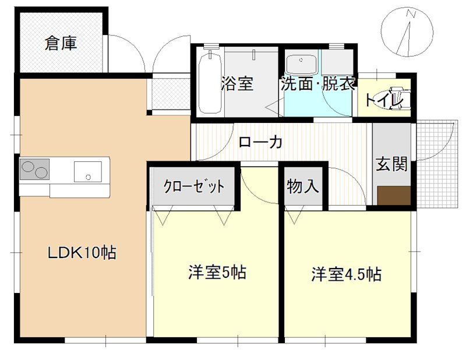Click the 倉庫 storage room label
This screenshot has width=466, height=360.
click(x=61, y=44)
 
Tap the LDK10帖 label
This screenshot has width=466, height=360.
click(x=82, y=253)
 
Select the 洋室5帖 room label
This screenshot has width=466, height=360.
click(x=217, y=272)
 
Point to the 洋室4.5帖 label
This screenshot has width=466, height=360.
click(x=346, y=274)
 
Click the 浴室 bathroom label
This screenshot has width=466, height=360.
click(x=236, y=83)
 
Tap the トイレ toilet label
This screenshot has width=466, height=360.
click(x=384, y=100)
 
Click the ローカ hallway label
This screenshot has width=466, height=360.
click(x=260, y=142)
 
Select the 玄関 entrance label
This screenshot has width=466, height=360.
click(x=391, y=165)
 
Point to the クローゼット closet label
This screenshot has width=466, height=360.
click(x=193, y=187)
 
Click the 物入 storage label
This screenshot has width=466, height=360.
click(x=303, y=187)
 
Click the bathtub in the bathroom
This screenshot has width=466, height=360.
click(x=210, y=83)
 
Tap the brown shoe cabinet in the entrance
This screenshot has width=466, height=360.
click(x=394, y=195)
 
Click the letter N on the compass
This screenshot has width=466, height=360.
click(x=411, y=13)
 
